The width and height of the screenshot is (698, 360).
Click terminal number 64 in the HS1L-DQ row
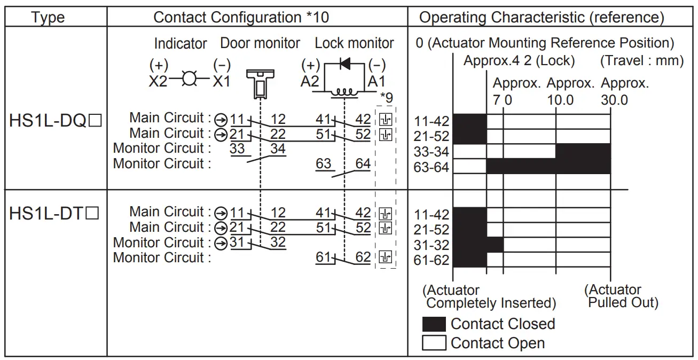click(363, 163)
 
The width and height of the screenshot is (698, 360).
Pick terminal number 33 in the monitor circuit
click(237, 148)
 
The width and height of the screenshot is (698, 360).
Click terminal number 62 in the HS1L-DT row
click(363, 257)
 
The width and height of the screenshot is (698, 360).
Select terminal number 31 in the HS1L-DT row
click(237, 242)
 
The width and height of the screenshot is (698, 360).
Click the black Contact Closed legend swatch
click(434, 324)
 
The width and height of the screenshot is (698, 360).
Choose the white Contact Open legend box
click(434, 343)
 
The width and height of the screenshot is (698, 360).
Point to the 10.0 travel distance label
click(560, 100)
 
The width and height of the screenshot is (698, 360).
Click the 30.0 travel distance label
click(614, 100)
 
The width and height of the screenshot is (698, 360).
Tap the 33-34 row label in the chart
click(432, 152)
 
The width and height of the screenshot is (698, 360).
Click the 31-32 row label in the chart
click(432, 246)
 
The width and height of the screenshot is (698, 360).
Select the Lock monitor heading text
click(354, 43)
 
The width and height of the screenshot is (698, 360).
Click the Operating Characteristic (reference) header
click(542, 18)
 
